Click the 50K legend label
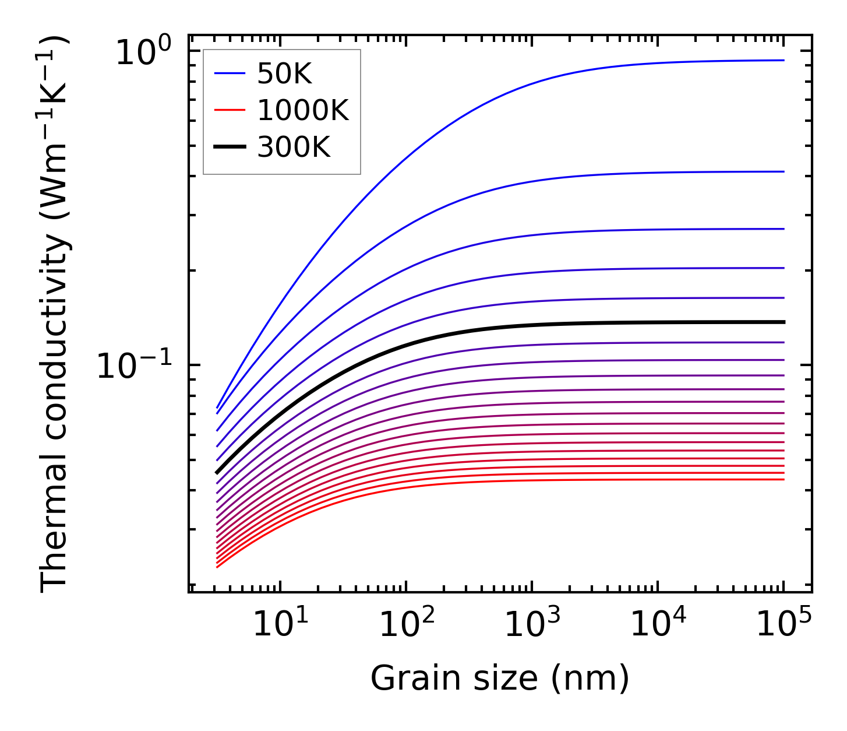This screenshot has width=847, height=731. point(284,74)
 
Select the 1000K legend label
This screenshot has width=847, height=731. point(303,111)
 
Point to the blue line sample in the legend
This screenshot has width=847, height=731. point(230,74)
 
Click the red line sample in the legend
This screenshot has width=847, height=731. point(230,111)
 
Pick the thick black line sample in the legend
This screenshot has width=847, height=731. point(230,147)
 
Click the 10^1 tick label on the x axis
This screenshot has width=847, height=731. point(280,625)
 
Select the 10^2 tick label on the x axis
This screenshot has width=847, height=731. point(406,625)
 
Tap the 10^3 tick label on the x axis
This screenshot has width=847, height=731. point(532,625)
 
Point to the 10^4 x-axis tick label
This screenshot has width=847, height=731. point(658,625)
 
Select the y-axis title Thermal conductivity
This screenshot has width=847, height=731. point(55,315)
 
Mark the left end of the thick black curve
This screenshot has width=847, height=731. point(217,473)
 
